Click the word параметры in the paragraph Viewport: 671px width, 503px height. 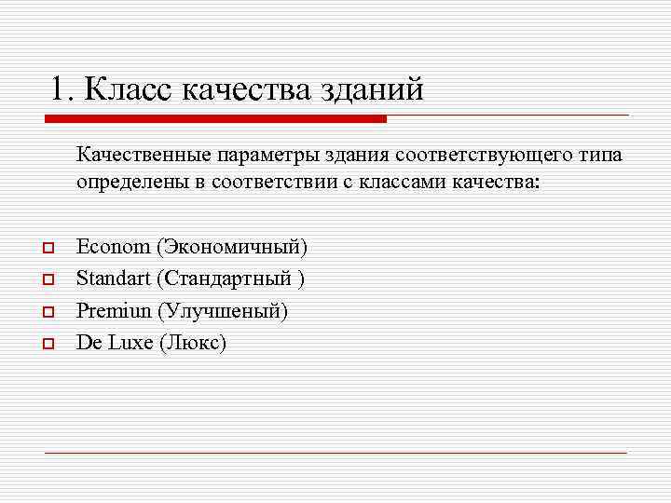[265, 153]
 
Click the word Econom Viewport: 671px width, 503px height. [113, 247]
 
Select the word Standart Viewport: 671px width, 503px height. [114, 279]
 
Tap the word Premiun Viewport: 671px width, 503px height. [114, 310]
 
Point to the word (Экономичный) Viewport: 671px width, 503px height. [231, 247]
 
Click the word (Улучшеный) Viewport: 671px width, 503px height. [223, 310]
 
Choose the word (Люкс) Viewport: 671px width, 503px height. [194, 342]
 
